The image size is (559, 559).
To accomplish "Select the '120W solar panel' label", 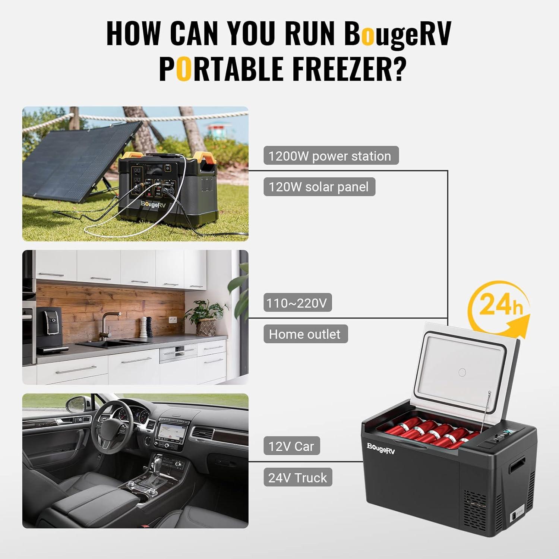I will point(319,187).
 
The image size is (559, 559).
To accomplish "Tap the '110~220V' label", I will point(297,303).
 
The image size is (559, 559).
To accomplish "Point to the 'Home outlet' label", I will point(305,334).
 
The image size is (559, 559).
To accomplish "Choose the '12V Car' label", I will point(291,446).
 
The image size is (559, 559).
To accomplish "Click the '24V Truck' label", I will point(298,477).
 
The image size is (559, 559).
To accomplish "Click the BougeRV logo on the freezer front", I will point(380,448).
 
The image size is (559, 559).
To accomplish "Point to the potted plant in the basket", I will point(205,317).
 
